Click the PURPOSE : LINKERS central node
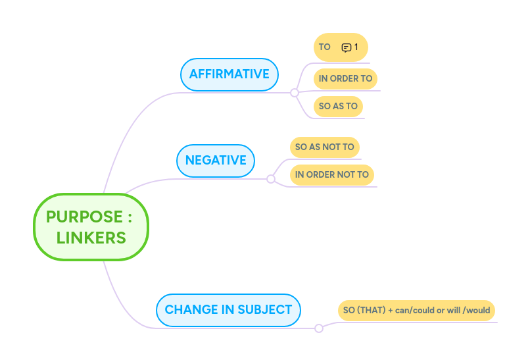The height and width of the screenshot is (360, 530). [x=91, y=227]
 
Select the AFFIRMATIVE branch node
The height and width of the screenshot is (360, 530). [x=229, y=74]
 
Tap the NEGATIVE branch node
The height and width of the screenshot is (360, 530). [x=216, y=160]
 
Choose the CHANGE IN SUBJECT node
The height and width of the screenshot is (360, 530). [x=228, y=309]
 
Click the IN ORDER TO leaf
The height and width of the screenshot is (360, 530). [x=345, y=78]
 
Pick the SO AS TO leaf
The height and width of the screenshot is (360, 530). [x=338, y=106]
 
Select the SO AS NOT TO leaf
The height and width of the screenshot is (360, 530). [x=324, y=147]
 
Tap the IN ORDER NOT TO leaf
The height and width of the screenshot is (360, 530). [x=331, y=175]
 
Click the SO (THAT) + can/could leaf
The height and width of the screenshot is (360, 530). [x=416, y=310]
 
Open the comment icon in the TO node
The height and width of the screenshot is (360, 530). [x=347, y=47]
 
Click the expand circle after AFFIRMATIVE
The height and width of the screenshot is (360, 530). [x=295, y=93]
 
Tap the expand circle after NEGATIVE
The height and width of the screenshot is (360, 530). [x=271, y=179]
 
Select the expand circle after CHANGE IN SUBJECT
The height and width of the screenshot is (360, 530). [x=319, y=328]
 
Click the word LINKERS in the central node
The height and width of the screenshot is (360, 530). [x=91, y=238]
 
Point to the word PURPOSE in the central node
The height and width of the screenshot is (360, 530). [x=85, y=217]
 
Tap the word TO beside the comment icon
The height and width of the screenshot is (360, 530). [x=324, y=47]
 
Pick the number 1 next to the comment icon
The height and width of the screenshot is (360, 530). [x=356, y=47]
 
